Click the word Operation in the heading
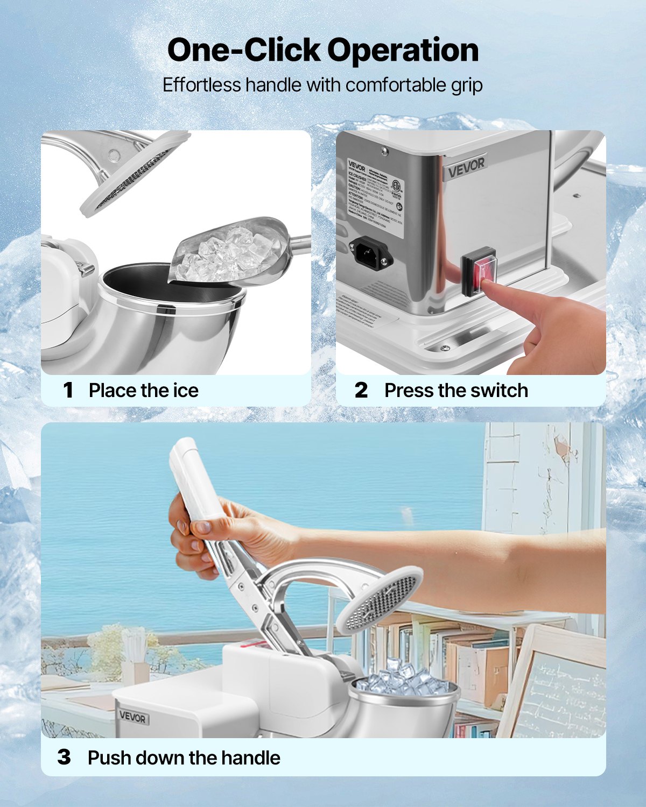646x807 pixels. click(x=403, y=51)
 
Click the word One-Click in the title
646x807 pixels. click(x=243, y=50)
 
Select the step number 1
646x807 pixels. click(x=68, y=390)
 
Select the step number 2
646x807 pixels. click(x=361, y=390)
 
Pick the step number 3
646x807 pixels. click(x=64, y=758)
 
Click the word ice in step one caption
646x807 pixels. click(x=186, y=390)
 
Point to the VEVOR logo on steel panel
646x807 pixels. click(x=466, y=167)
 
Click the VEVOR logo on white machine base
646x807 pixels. click(x=132, y=717)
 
